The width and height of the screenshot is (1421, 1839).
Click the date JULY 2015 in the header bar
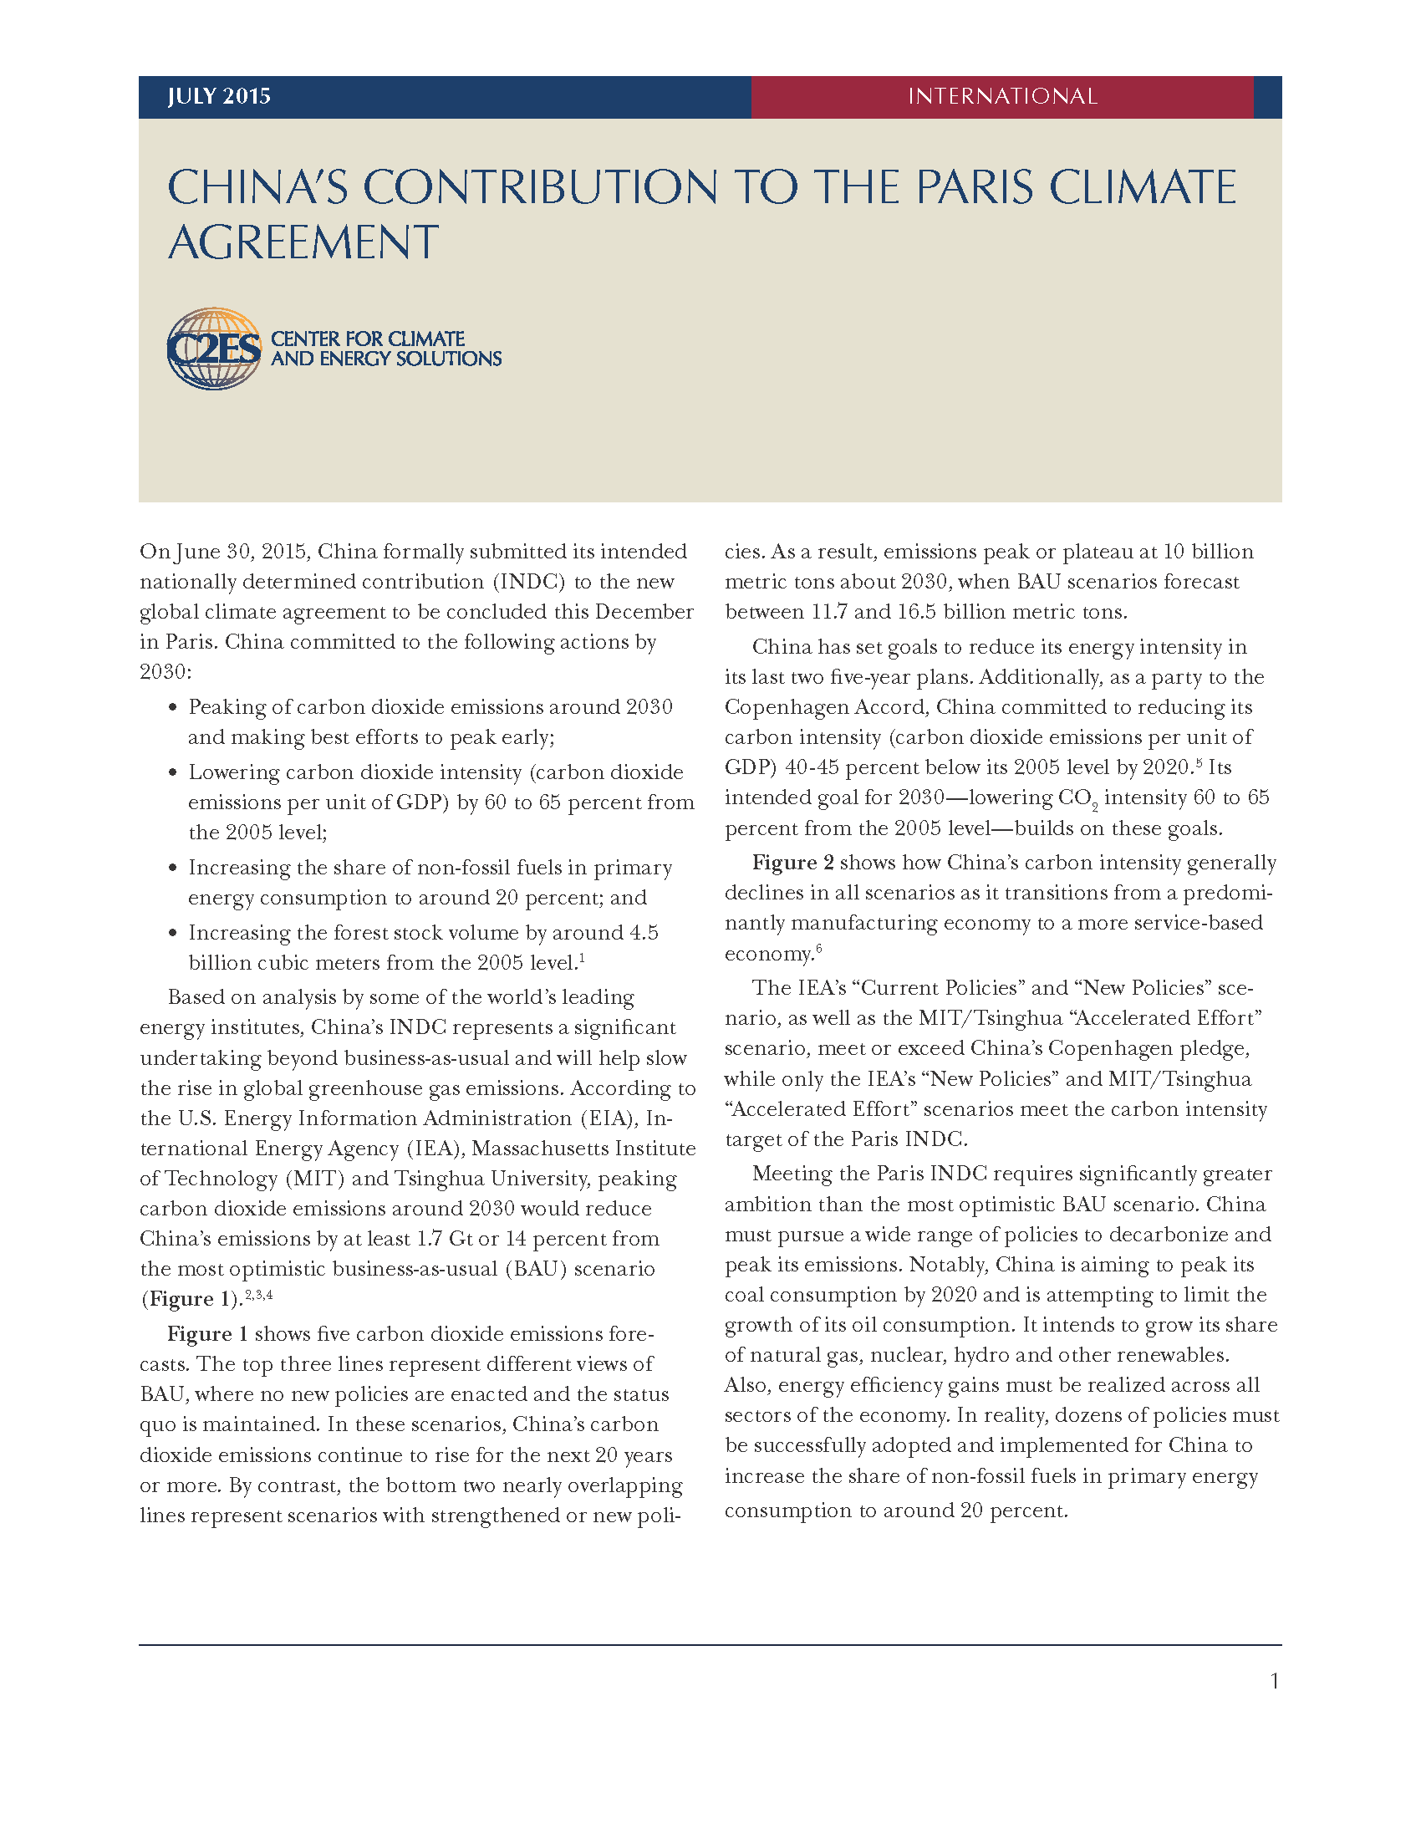pyautogui.click(x=219, y=96)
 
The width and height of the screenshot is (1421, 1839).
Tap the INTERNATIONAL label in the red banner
pyautogui.click(x=1001, y=96)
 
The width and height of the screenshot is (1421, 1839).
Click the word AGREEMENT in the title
pyautogui.click(x=303, y=242)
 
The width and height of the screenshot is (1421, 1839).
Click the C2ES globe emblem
pyautogui.click(x=214, y=348)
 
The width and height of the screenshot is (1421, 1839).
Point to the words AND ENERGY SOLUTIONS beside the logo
pyautogui.click(x=386, y=359)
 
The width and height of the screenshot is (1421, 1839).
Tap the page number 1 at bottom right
pyautogui.click(x=1275, y=1682)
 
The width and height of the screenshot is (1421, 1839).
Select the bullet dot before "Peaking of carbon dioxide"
pyautogui.click(x=172, y=707)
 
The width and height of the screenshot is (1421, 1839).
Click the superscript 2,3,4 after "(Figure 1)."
pyautogui.click(x=258, y=1294)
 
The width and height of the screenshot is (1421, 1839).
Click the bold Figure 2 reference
pyautogui.click(x=793, y=863)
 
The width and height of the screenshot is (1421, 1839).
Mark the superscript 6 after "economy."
pyautogui.click(x=819, y=949)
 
